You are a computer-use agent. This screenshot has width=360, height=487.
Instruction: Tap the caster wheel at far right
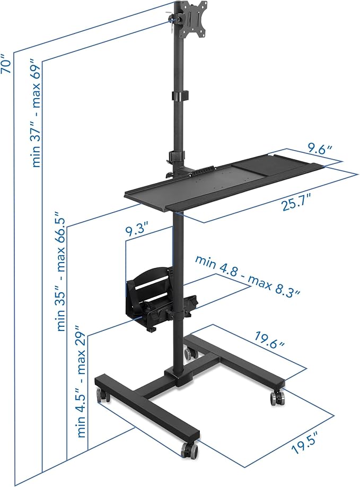277,397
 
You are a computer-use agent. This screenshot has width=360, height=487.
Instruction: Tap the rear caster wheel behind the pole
188,352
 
